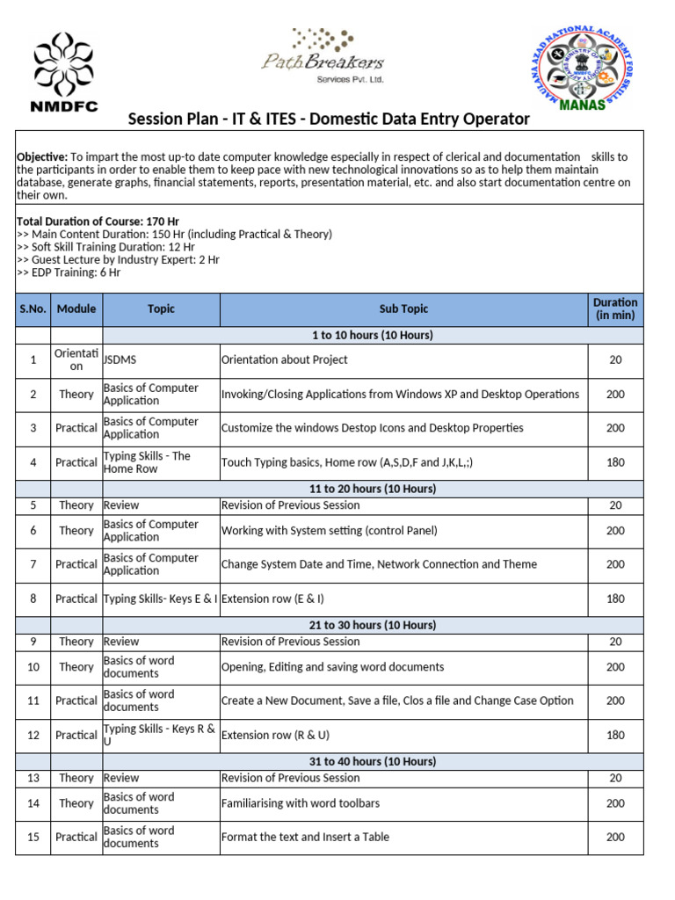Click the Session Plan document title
(329, 119)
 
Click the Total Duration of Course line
(98, 221)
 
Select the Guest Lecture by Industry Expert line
(118, 260)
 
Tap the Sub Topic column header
(403, 309)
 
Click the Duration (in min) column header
(615, 309)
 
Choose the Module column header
(76, 309)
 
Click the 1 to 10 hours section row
(373, 336)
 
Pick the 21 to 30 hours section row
(373, 625)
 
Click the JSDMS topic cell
(121, 360)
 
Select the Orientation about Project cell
(285, 360)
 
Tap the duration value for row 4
(615, 462)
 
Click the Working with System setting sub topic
(329, 531)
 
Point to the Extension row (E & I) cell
(273, 599)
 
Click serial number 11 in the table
(33, 701)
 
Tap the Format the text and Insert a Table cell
(305, 838)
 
